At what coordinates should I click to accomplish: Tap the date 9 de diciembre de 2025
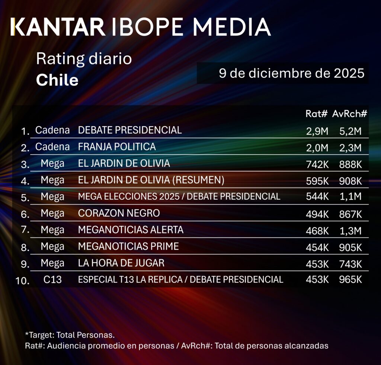click(291, 73)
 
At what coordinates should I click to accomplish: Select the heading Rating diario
click(84, 59)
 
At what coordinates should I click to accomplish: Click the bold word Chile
click(57, 80)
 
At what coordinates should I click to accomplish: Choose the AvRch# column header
click(350, 114)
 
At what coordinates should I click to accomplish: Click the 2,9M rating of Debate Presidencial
click(316, 131)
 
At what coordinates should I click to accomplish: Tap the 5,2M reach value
click(350, 131)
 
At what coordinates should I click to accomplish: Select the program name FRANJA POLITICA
click(117, 147)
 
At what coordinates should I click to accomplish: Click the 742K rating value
click(316, 164)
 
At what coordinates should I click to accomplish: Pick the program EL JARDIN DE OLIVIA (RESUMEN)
click(151, 180)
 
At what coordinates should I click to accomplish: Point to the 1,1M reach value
click(350, 197)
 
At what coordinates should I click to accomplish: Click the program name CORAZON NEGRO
click(119, 213)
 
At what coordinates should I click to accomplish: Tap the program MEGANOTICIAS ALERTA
click(131, 230)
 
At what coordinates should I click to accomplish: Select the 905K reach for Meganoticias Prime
click(350, 247)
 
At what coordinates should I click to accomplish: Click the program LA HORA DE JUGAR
click(121, 263)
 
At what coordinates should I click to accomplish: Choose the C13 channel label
click(52, 279)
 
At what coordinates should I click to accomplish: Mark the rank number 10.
click(23, 281)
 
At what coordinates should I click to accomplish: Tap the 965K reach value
click(350, 279)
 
